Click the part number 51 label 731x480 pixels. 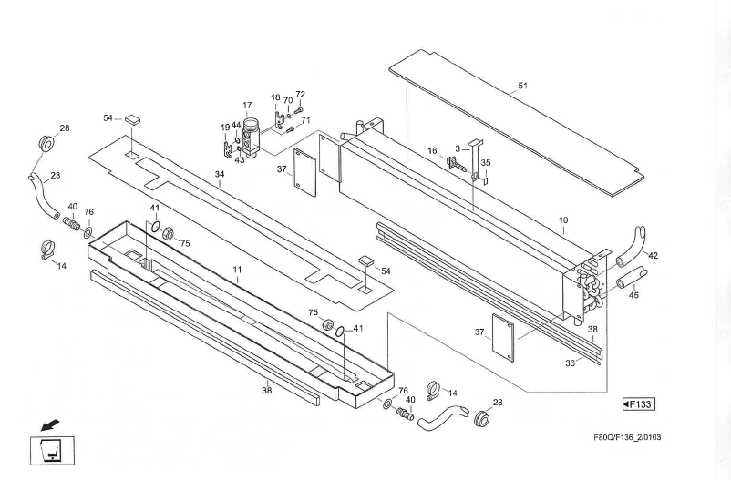pyautogui.click(x=522, y=86)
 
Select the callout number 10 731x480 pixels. pyautogui.click(x=563, y=221)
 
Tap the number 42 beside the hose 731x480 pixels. pyautogui.click(x=653, y=256)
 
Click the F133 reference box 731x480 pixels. pyautogui.click(x=639, y=403)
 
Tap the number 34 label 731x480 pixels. pyautogui.click(x=219, y=174)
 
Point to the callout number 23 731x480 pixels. pyautogui.click(x=55, y=177)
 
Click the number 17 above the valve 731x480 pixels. pyautogui.click(x=247, y=106)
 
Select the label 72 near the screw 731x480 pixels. pyautogui.click(x=300, y=95)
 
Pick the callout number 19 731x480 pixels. pyautogui.click(x=225, y=128)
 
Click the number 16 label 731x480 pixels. pyautogui.click(x=433, y=150)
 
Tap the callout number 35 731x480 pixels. pyautogui.click(x=486, y=163)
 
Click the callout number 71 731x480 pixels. pyautogui.click(x=306, y=121)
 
